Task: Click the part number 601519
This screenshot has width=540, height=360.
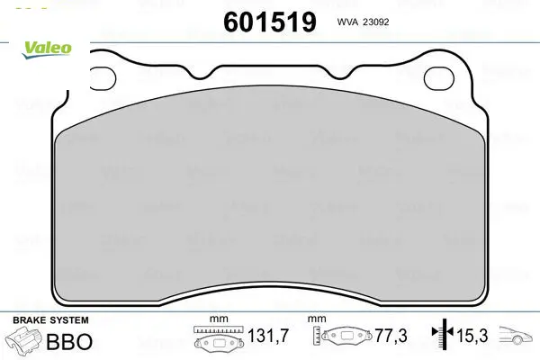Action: click(x=270, y=22)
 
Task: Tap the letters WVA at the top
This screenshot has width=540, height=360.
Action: click(x=347, y=22)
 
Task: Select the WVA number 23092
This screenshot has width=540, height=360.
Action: click(x=375, y=22)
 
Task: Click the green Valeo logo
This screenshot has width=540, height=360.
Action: click(x=47, y=49)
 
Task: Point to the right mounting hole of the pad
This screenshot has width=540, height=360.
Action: click(x=439, y=78)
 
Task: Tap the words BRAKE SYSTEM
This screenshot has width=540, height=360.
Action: click(x=50, y=320)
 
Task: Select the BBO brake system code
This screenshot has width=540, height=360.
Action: click(x=69, y=341)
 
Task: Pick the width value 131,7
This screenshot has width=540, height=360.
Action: click(x=268, y=336)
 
